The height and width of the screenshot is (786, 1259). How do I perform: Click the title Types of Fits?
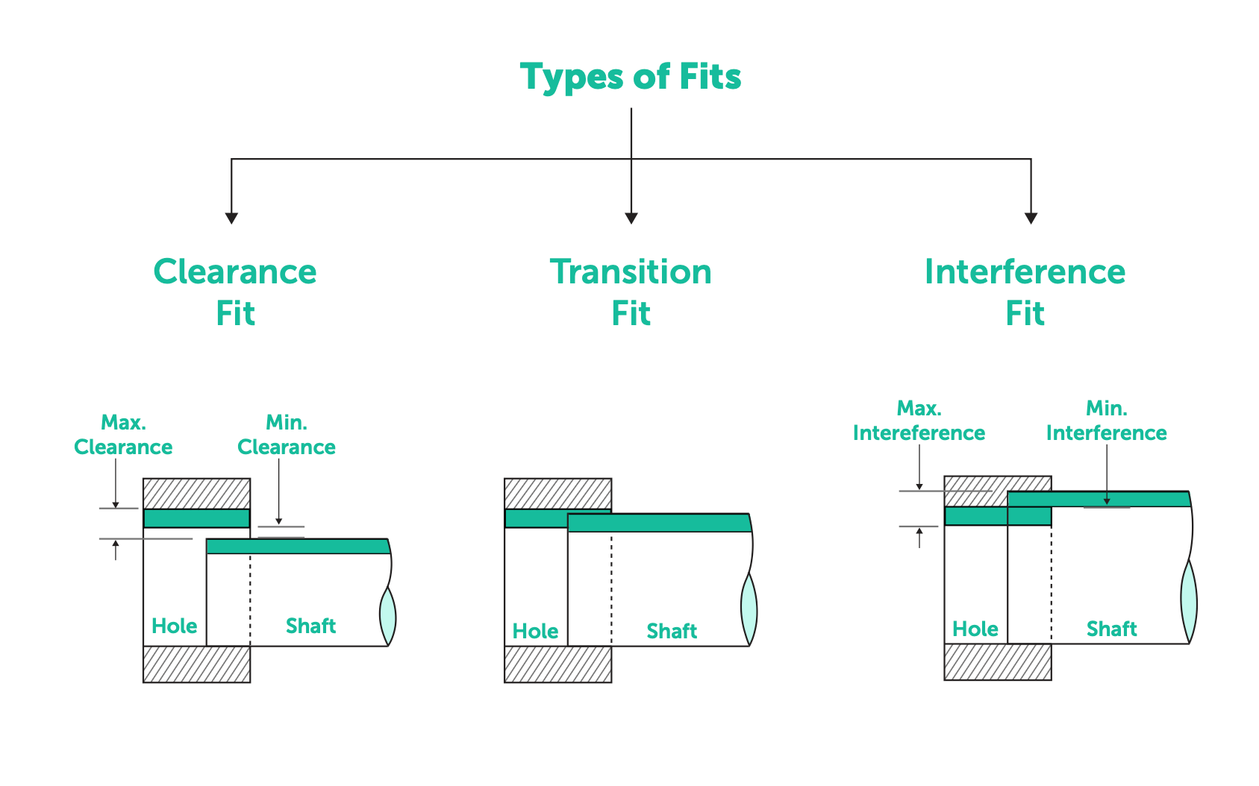pyautogui.click(x=631, y=77)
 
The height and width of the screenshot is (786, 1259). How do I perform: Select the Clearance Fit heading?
pyautogui.click(x=235, y=292)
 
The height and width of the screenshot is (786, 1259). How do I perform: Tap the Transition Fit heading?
pyautogui.click(x=631, y=292)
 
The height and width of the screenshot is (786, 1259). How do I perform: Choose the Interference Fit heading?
pyautogui.click(x=1025, y=292)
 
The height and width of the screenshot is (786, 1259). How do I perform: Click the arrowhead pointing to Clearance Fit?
pyautogui.click(x=231, y=218)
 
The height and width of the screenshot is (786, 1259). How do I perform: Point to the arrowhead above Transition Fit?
pyautogui.click(x=631, y=218)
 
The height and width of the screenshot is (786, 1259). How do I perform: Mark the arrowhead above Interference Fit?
pyautogui.click(x=1031, y=218)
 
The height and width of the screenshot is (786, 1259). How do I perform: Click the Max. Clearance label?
pyautogui.click(x=123, y=435)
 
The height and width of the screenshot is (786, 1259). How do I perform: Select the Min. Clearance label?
pyautogui.click(x=287, y=435)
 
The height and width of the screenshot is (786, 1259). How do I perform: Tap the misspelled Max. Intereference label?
pyautogui.click(x=919, y=421)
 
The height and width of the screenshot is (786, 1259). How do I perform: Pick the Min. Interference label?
pyautogui.click(x=1106, y=421)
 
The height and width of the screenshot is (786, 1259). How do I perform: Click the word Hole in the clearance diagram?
pyautogui.click(x=175, y=626)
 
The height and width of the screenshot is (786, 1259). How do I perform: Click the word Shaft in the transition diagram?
pyautogui.click(x=672, y=632)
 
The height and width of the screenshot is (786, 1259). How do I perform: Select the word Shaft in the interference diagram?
pyautogui.click(x=1111, y=629)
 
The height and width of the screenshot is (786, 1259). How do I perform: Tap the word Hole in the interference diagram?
pyautogui.click(x=975, y=629)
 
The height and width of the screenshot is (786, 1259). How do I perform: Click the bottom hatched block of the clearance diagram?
pyautogui.click(x=196, y=664)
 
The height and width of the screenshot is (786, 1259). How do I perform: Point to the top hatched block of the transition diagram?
pyautogui.click(x=557, y=493)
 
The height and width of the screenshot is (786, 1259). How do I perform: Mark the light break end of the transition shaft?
pyautogui.click(x=749, y=609)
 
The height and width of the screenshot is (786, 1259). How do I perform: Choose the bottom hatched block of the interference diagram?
pyautogui.click(x=997, y=661)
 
